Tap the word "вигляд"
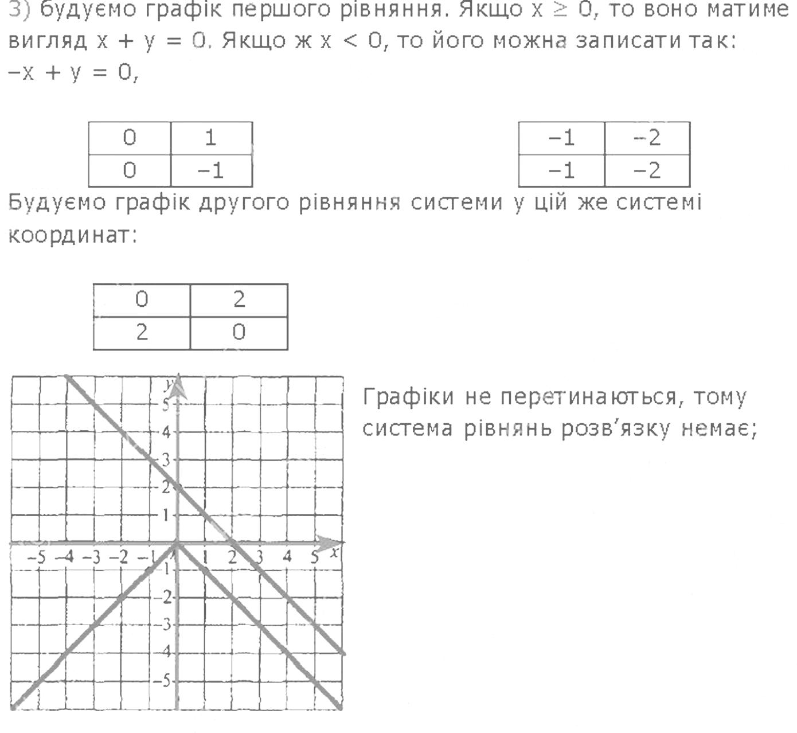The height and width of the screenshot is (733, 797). coord(48,41)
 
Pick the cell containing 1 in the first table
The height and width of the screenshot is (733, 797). coord(211,138)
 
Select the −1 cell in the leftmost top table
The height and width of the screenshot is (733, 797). coord(211,170)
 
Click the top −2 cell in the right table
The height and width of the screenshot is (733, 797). coord(647,138)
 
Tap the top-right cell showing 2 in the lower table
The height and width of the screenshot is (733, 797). coord(239,299)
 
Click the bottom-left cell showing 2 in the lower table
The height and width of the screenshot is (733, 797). coord(142,332)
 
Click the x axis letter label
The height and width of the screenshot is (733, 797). coord(334,552)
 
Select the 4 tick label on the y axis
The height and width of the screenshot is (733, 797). coord(166,432)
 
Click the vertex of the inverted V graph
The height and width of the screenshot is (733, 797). coord(177,544)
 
